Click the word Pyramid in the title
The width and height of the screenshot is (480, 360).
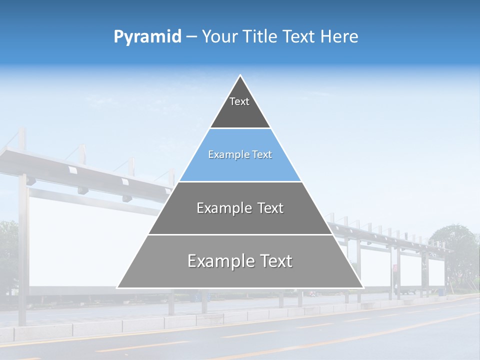pos(147,37)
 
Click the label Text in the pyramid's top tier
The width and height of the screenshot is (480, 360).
pos(239,101)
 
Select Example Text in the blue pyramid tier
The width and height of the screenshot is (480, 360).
pos(240,154)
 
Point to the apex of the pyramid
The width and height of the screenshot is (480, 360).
pos(240,75)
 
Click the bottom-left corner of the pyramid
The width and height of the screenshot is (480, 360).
pos(118,287)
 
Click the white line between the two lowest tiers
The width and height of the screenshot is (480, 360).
pos(240,234)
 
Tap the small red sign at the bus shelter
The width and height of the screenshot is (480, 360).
pos(395,268)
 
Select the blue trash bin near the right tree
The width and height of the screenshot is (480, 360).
pos(441,291)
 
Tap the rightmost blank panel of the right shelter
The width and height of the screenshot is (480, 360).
pos(436,272)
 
